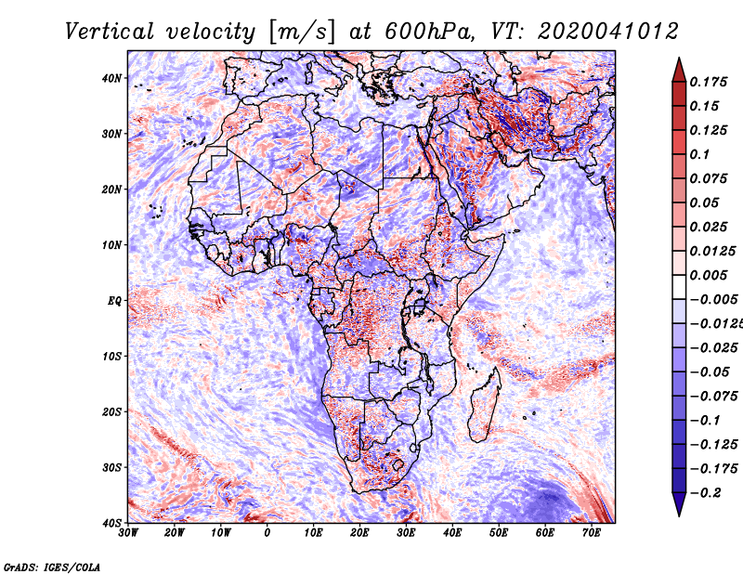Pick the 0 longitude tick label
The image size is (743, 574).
[267, 533]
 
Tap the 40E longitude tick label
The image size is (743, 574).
[452, 533]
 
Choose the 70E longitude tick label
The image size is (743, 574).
[592, 533]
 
